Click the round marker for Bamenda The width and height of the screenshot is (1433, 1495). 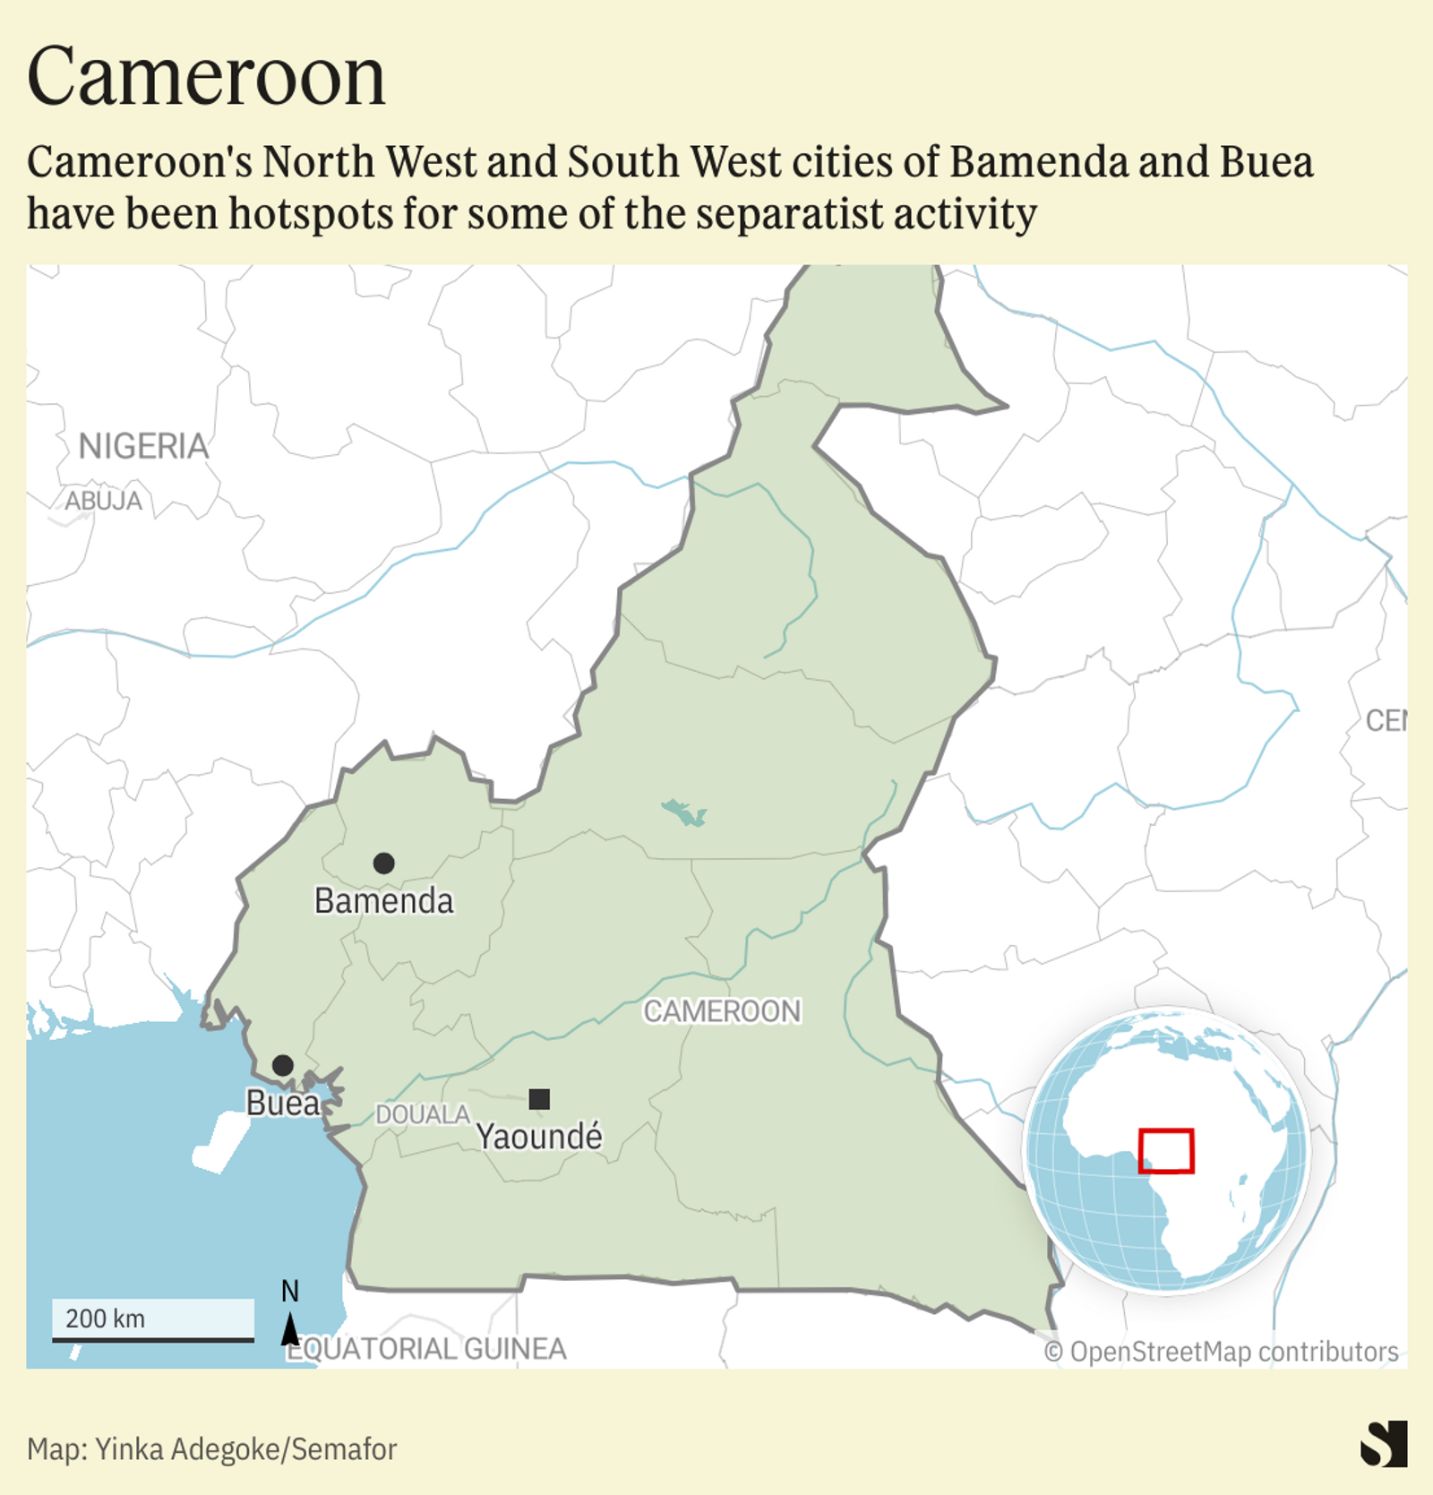tap(383, 863)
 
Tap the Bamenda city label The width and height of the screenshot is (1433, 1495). tap(383, 901)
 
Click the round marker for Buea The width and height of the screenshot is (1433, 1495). tap(282, 1065)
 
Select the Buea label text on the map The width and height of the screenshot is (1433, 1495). tap(282, 1103)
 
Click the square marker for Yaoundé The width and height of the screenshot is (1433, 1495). tap(539, 1099)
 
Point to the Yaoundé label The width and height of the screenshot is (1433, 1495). tap(539, 1137)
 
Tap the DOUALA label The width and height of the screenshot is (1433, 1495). tap(422, 1114)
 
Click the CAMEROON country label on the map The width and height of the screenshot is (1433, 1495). tap(722, 1011)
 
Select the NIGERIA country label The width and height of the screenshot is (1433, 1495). tap(143, 446)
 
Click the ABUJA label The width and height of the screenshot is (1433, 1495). tap(103, 501)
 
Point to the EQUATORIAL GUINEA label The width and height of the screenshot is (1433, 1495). tap(426, 1348)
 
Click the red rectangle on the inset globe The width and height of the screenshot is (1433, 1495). tap(1165, 1151)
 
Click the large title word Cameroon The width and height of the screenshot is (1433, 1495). tap(206, 77)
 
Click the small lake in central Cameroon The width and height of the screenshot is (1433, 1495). tap(684, 812)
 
